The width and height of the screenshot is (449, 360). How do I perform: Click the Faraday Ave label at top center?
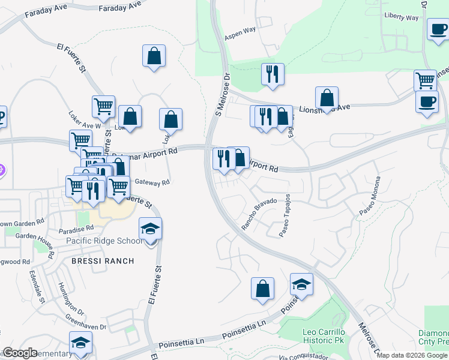121,7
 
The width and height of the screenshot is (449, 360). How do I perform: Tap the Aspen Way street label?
240,34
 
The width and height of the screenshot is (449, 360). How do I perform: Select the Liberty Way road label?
401,18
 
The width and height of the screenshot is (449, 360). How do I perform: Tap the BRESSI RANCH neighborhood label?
102,261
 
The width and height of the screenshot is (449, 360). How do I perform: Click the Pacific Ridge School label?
104,241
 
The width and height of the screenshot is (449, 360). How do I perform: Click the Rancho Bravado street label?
259,214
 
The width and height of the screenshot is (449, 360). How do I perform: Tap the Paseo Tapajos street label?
285,215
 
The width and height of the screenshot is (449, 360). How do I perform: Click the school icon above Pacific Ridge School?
151,229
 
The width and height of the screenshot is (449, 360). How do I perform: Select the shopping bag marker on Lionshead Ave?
327,98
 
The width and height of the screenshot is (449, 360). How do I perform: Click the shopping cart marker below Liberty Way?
425,80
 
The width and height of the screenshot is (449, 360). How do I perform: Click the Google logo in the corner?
19,353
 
